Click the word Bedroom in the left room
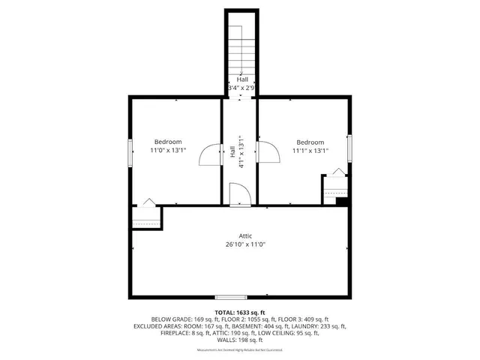point(168,142)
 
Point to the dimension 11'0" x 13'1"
point(168,150)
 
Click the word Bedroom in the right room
point(310,142)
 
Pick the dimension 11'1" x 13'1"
point(310,151)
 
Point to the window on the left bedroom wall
point(130,152)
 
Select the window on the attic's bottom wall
point(231,297)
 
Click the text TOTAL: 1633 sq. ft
point(240,312)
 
